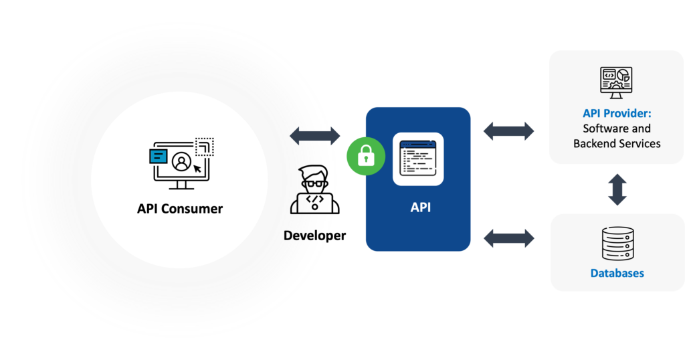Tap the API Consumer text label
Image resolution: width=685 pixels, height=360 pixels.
tap(179, 209)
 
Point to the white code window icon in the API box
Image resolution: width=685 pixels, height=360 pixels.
tap(418, 159)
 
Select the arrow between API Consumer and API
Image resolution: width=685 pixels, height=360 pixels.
tap(315, 136)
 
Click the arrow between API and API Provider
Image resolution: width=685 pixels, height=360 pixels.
tap(509, 131)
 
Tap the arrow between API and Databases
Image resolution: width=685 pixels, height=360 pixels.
tap(509, 237)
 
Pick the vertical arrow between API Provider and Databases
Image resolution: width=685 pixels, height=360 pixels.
tap(617, 189)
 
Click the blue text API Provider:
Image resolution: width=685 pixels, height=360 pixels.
tap(616, 113)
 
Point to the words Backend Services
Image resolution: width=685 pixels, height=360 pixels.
tap(617, 143)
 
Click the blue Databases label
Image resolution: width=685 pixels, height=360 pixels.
tap(617, 273)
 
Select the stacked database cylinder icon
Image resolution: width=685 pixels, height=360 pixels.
tap(617, 244)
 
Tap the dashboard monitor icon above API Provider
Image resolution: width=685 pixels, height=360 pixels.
tap(616, 82)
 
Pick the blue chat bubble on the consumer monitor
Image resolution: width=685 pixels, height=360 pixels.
tap(158, 156)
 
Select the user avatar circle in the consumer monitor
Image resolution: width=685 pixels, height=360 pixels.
tap(179, 163)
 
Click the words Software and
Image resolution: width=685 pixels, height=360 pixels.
tap(617, 128)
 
